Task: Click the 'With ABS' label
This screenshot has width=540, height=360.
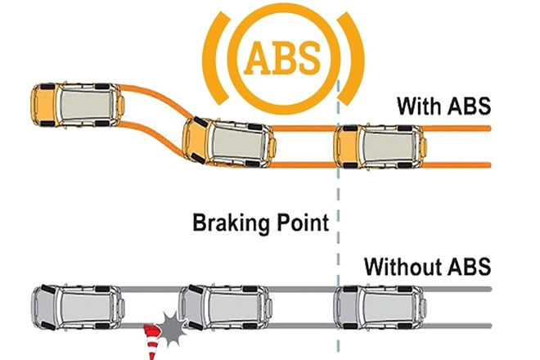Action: coord(443,106)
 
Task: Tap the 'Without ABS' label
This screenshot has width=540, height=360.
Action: coord(427,266)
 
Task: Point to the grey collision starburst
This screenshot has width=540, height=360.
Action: coord(173,327)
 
